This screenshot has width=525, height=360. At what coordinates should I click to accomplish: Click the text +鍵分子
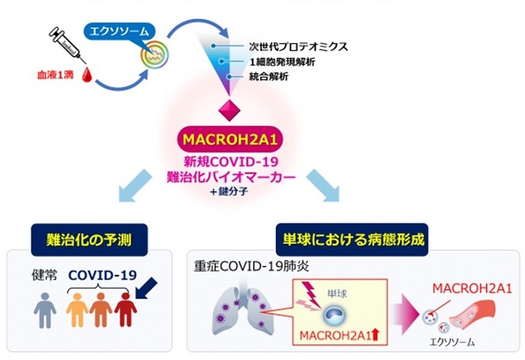[232, 191]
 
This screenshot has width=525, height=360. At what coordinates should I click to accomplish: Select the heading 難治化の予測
[91, 243]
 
